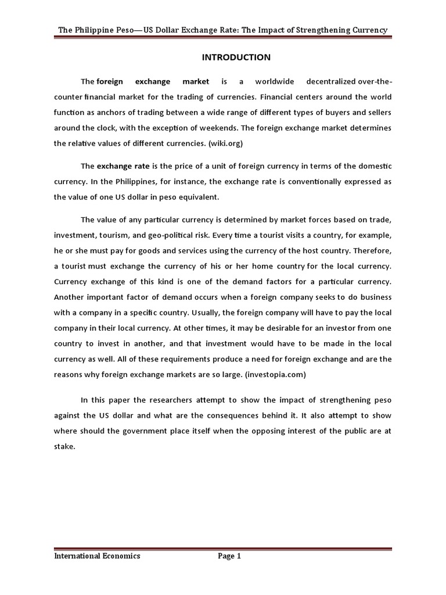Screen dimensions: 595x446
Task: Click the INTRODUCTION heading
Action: (x=236, y=57)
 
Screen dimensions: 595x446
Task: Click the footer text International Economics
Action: (x=97, y=556)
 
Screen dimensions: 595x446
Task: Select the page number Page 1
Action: (x=229, y=556)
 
